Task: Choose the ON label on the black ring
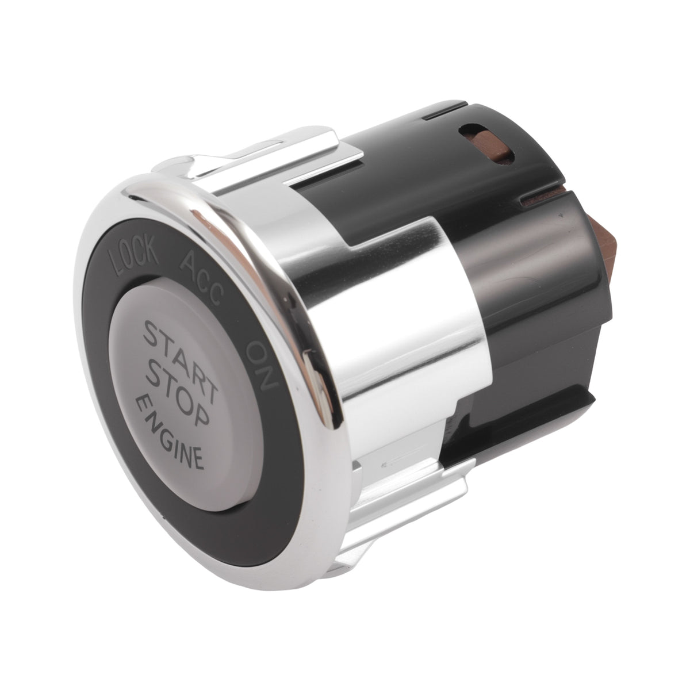click(x=263, y=365)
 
